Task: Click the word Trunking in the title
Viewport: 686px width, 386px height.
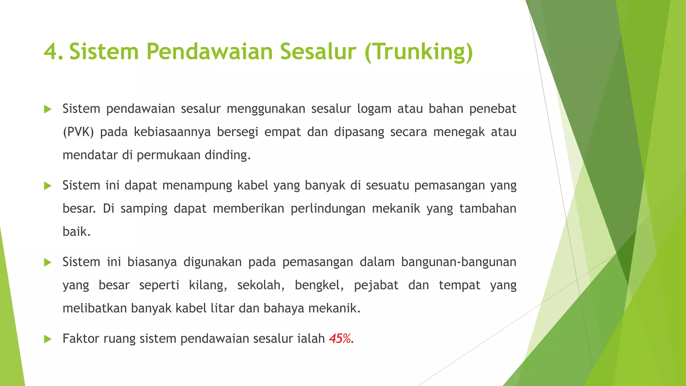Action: [x=419, y=52]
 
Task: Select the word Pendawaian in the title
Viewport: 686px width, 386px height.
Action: [x=209, y=52]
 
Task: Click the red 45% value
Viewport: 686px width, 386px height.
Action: [x=341, y=339]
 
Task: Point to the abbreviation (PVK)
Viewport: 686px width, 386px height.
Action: [x=78, y=132]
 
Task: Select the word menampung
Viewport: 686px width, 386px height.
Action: [x=197, y=185]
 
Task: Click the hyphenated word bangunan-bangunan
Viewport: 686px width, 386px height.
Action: [x=459, y=262]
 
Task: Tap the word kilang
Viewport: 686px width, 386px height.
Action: [x=208, y=285]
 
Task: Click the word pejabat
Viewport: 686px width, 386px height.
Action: [x=376, y=285]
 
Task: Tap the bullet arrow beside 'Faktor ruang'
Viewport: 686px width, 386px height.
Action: [x=48, y=339]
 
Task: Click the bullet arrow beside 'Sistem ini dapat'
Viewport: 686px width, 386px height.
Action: [x=48, y=186]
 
